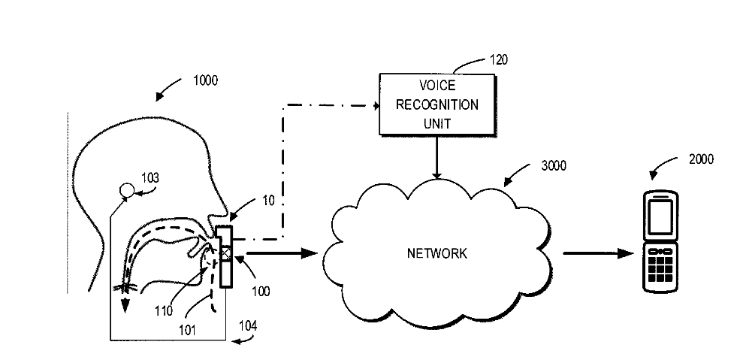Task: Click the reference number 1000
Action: tap(205, 81)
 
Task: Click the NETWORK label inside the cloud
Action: tap(437, 253)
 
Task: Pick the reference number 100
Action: tap(262, 289)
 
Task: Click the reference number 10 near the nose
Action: tap(268, 201)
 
